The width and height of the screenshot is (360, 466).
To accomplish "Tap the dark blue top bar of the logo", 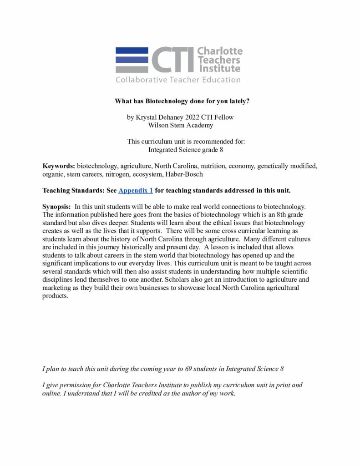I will coord(132,50).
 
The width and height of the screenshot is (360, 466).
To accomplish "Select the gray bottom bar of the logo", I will coord(132,69).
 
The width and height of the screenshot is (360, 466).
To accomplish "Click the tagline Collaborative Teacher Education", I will coord(178,80).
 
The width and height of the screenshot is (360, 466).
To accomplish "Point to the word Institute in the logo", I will coord(219,69).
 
